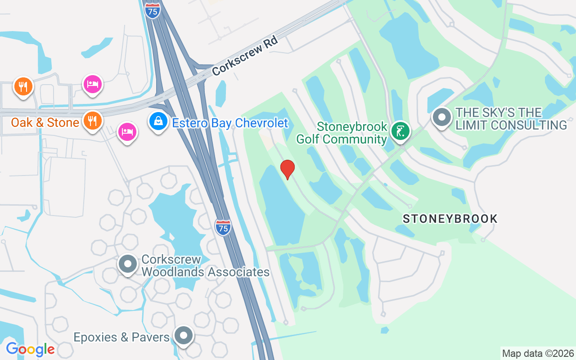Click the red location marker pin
coord(287,170)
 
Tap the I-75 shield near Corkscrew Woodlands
coord(223,227)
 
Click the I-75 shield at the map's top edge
coord(153,11)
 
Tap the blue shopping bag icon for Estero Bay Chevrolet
coord(158,121)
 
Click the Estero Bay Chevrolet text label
coord(229,123)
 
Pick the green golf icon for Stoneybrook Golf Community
coord(400,131)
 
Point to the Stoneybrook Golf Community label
coord(342,133)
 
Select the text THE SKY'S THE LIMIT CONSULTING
coord(511,119)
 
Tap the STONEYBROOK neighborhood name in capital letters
coord(450,219)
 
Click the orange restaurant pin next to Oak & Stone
coord(93,121)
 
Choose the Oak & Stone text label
coord(45,122)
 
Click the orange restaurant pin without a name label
coord(23,86)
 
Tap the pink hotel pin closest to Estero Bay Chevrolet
coord(127,132)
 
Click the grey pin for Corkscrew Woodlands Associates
coord(128,265)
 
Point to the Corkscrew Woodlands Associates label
coord(205,265)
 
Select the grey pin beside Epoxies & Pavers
coord(184,336)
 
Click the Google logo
coord(30,349)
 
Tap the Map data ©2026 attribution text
coord(538,353)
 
